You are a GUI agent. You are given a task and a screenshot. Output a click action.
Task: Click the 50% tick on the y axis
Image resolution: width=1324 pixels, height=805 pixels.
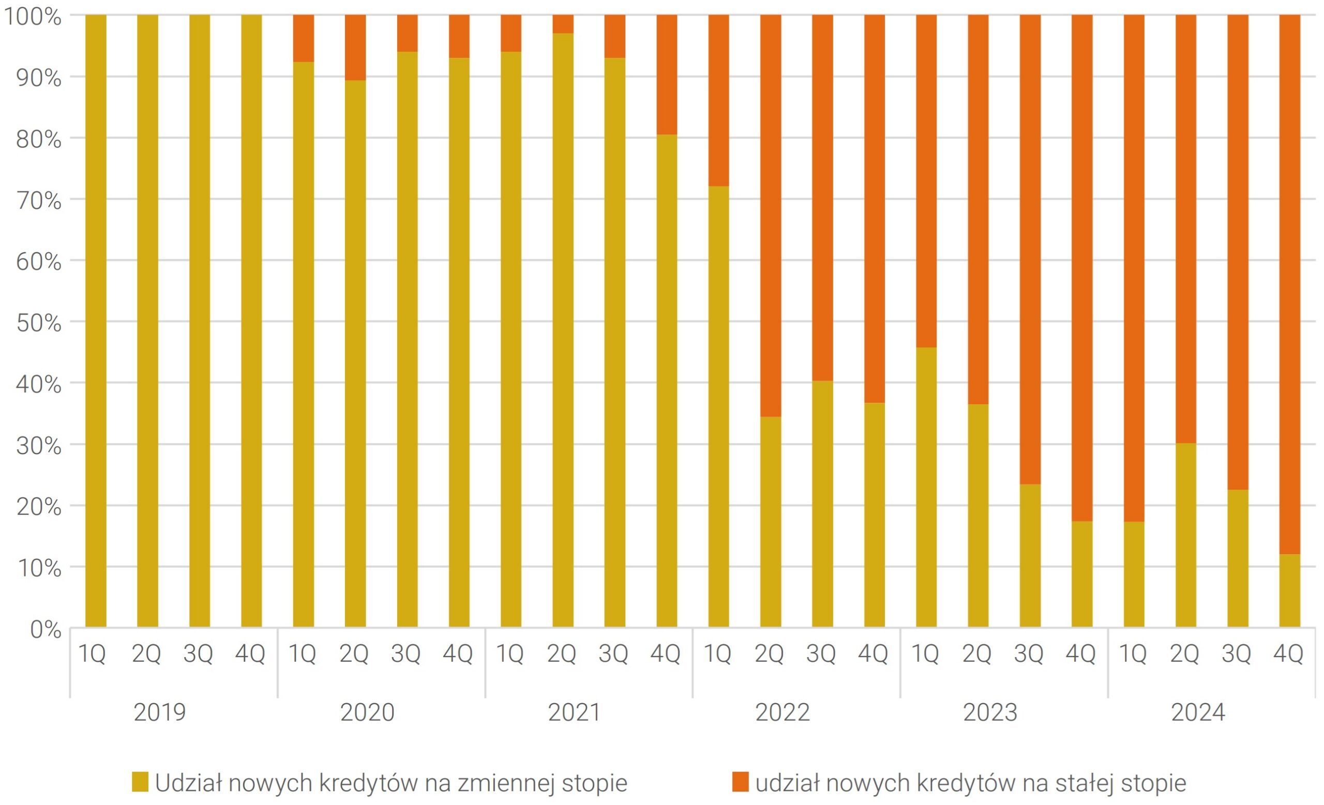[39, 323]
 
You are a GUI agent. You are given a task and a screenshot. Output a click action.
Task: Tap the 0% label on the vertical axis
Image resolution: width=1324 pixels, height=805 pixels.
[46, 629]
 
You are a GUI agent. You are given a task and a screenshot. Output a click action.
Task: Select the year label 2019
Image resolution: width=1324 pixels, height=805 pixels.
[160, 712]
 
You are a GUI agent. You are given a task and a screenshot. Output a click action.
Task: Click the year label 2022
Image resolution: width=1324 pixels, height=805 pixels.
[783, 712]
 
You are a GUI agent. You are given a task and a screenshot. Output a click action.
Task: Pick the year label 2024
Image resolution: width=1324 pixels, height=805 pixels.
[1198, 712]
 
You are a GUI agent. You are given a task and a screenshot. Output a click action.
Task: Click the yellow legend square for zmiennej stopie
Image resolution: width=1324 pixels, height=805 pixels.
[140, 782]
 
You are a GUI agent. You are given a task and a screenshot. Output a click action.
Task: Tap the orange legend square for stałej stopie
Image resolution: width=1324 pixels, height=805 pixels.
[741, 782]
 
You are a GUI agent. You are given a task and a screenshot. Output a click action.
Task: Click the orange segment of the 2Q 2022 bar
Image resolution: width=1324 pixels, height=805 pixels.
[771, 215]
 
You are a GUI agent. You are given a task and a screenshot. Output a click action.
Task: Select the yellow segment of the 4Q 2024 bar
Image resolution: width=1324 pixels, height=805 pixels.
[1290, 591]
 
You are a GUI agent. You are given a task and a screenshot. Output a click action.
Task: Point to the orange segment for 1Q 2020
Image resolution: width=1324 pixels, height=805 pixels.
[304, 38]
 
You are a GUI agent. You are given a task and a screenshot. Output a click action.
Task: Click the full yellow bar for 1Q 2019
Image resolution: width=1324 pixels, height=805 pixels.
[96, 322]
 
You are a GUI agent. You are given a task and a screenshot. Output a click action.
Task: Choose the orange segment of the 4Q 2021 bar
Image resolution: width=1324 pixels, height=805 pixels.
[667, 74]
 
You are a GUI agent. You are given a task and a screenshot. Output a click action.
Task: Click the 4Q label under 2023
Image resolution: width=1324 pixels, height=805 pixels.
[1080, 654]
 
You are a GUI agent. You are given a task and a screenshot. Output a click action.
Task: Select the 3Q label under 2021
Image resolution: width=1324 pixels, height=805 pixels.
[613, 654]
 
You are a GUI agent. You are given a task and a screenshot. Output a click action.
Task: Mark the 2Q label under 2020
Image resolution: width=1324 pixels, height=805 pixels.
[354, 654]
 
